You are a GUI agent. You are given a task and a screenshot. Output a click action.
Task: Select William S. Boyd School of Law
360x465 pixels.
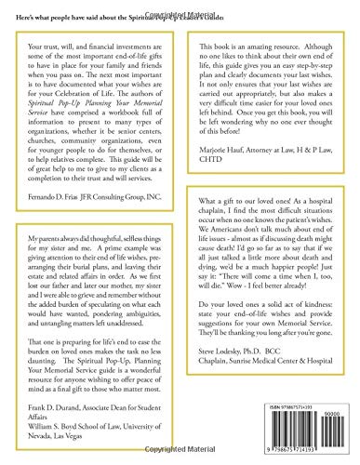point(89,420)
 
